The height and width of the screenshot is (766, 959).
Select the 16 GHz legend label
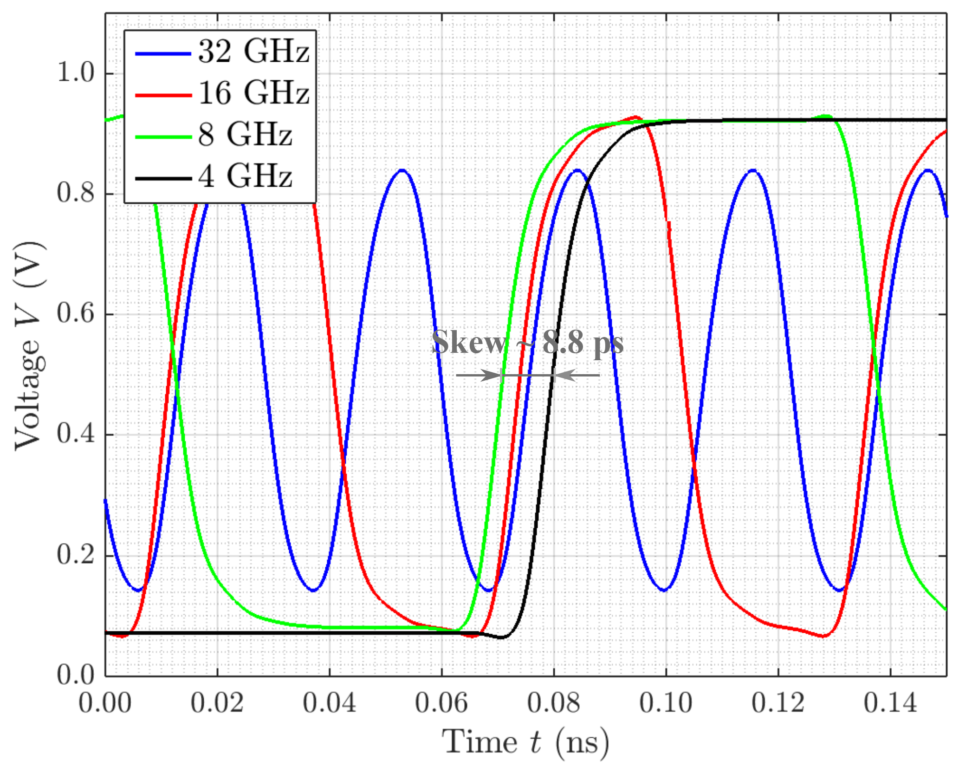click(x=253, y=93)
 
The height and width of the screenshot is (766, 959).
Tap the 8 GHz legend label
click(x=245, y=135)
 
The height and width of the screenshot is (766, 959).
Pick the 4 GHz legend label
click(x=245, y=176)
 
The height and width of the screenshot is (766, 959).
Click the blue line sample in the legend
click(x=163, y=54)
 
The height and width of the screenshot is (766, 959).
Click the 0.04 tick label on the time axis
click(x=330, y=703)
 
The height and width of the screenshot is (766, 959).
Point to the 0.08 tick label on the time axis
click(x=554, y=703)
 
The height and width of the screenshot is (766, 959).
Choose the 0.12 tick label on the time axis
click(x=778, y=703)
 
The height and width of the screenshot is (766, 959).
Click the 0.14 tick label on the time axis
click(x=890, y=703)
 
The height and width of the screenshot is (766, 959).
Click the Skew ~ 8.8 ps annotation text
click(x=527, y=343)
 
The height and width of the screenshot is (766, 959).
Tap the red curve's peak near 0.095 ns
click(x=635, y=117)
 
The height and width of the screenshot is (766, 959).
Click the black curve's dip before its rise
click(x=501, y=637)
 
